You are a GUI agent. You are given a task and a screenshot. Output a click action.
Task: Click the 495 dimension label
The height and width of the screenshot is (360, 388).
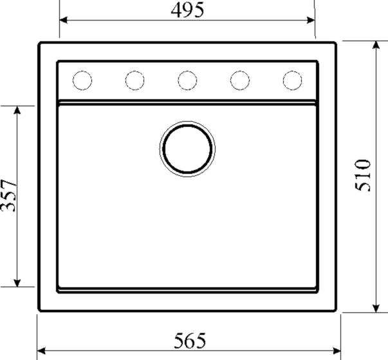tap(188, 10)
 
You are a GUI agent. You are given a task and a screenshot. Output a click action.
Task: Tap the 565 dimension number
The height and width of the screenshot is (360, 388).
tap(190, 341)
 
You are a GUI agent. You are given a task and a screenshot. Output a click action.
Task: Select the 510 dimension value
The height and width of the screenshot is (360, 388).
tap(363, 175)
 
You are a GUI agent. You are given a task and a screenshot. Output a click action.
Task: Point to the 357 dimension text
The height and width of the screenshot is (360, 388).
tap(8, 196)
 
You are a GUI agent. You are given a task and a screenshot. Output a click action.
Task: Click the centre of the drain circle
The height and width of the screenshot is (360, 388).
tap(187, 149)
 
